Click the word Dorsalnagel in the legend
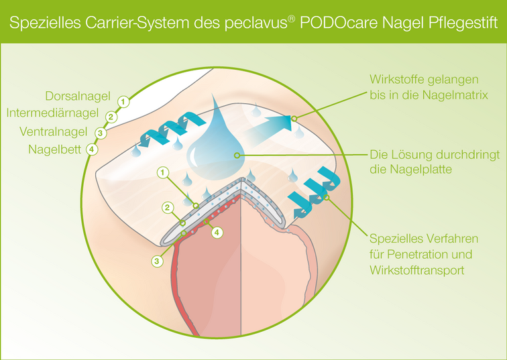point(78,95)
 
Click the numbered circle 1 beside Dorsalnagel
point(122,101)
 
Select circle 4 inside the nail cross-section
point(216,233)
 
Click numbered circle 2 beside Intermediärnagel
point(112,117)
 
